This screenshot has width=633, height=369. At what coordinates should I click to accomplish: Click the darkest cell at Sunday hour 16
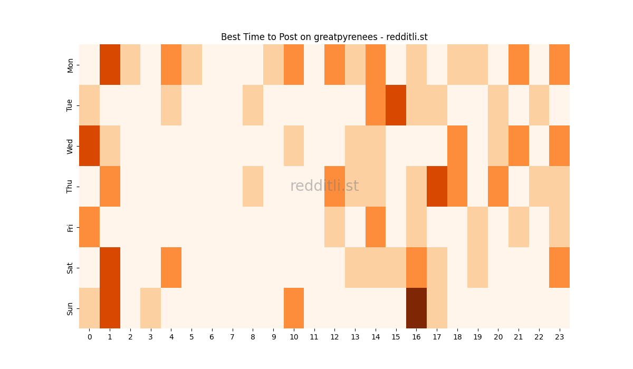pyautogui.click(x=416, y=308)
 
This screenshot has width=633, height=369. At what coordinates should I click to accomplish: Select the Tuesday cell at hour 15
pyautogui.click(x=396, y=105)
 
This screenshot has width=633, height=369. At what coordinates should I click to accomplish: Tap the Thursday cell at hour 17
pyautogui.click(x=437, y=186)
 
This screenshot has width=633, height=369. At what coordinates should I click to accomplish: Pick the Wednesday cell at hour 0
pyautogui.click(x=89, y=145)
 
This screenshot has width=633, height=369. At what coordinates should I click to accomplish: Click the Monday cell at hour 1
pyautogui.click(x=110, y=64)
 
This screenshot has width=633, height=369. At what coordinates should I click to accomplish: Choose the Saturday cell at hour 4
pyautogui.click(x=171, y=267)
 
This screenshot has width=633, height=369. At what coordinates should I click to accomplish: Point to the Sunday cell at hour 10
pyautogui.click(x=294, y=308)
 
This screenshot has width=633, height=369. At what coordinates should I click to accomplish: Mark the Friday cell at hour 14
pyautogui.click(x=376, y=227)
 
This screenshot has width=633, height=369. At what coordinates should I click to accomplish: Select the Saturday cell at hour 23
pyautogui.click(x=559, y=267)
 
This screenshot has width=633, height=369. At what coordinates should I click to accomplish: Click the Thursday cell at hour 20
pyautogui.click(x=498, y=186)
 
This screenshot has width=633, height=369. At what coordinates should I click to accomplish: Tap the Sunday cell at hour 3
pyautogui.click(x=150, y=308)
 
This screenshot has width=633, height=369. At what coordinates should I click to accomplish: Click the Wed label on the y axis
pyautogui.click(x=70, y=146)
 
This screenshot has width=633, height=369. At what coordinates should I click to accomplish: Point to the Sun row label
pyautogui.click(x=70, y=308)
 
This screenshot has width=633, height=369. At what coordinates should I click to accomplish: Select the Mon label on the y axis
pyautogui.click(x=70, y=65)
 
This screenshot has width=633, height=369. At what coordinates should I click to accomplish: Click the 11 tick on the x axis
pyautogui.click(x=314, y=336)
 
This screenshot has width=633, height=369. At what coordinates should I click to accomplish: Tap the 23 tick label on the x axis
pyautogui.click(x=559, y=336)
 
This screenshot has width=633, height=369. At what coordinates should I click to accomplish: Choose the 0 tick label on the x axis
pyautogui.click(x=89, y=336)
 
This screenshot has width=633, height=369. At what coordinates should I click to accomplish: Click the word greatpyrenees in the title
pyautogui.click(x=349, y=37)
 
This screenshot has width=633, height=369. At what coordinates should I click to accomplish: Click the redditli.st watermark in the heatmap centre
pyautogui.click(x=324, y=186)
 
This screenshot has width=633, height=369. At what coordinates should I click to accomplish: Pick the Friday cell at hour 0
pyautogui.click(x=89, y=227)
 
